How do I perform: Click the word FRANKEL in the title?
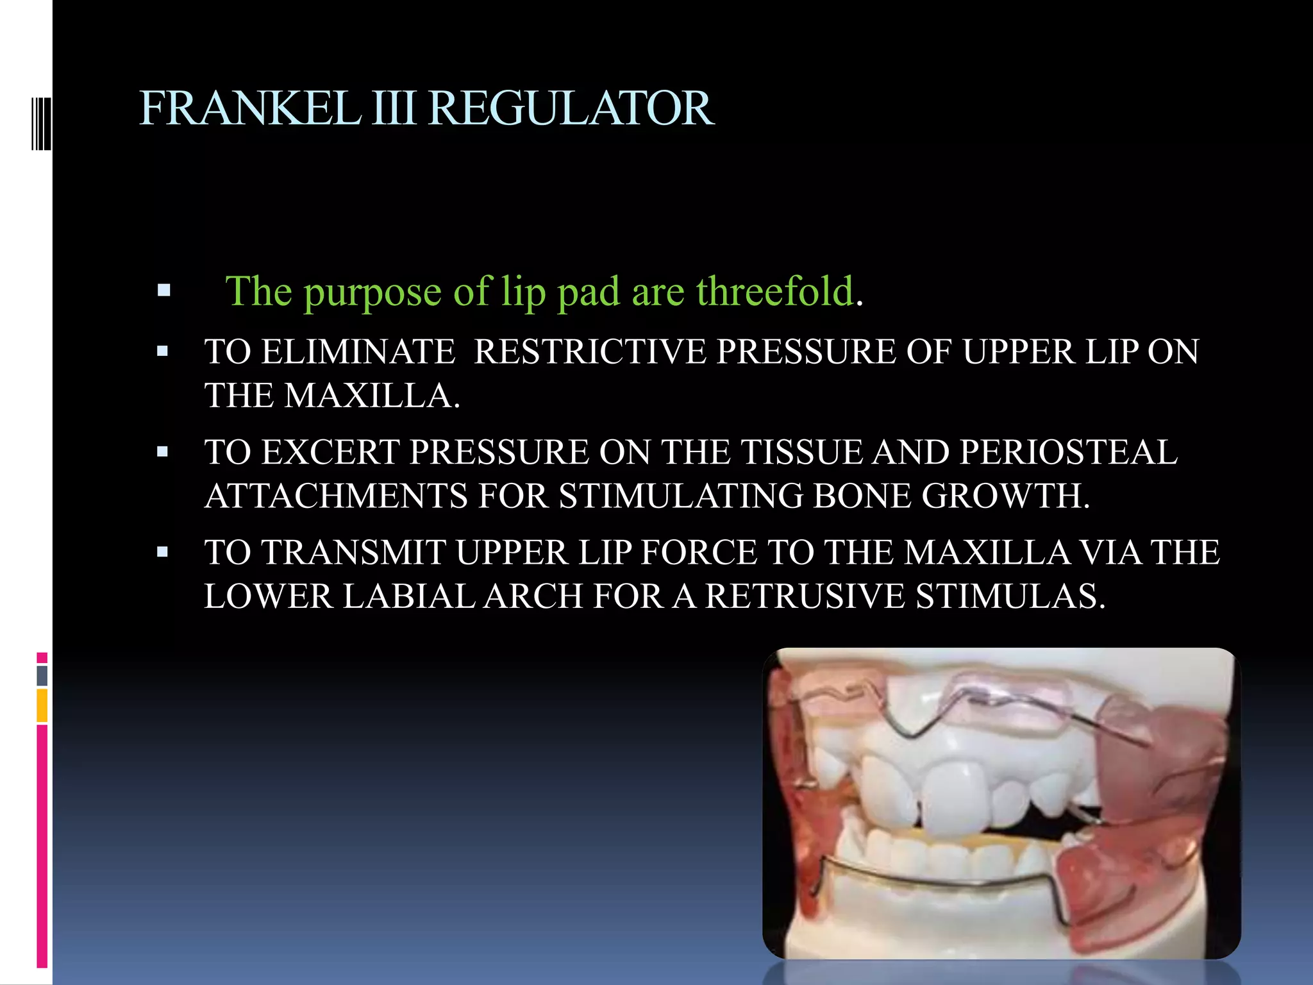(x=250, y=108)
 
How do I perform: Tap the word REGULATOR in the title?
(x=571, y=108)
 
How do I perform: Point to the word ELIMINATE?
(x=358, y=352)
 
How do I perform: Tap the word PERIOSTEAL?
(x=1068, y=452)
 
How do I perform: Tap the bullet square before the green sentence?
(x=163, y=290)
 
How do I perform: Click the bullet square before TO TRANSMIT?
(x=162, y=552)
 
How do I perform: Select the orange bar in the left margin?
(x=42, y=705)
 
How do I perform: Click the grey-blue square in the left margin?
(x=42, y=675)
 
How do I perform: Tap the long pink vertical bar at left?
(x=42, y=846)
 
